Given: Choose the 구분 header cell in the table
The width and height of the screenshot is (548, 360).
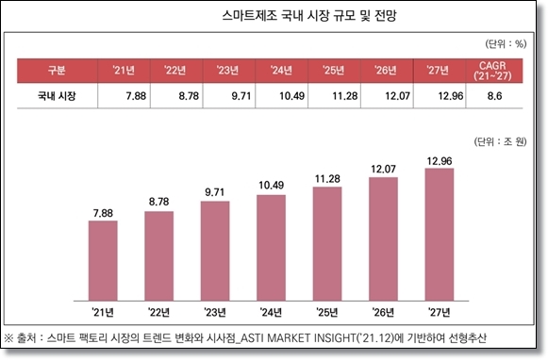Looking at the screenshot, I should tap(57, 71).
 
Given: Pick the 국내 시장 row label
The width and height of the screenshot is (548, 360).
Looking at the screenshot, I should tap(57, 96).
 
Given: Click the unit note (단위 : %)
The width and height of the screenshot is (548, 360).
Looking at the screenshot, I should tap(504, 44).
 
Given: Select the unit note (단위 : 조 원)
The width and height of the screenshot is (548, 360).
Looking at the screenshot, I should tap(500, 143).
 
